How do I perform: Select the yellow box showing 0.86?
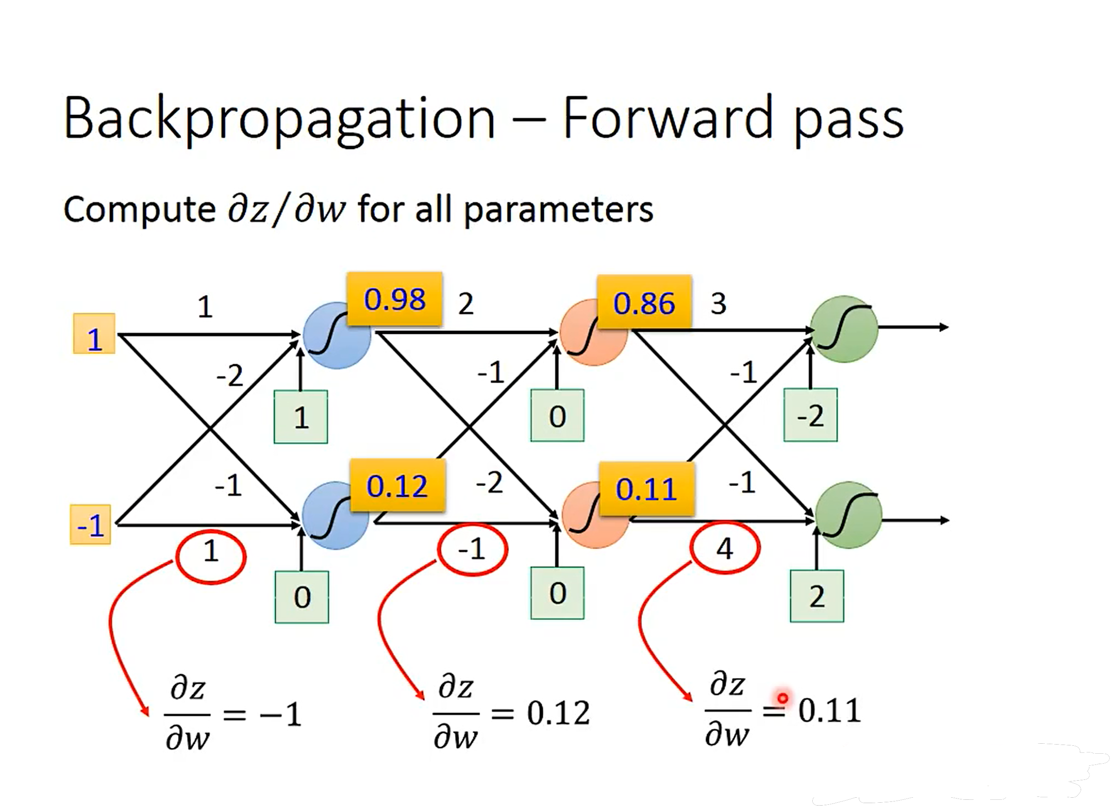point(644,302)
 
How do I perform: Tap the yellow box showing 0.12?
point(397,486)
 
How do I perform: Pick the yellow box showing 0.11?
point(646,489)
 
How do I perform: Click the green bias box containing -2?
point(810,415)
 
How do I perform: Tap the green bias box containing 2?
point(816,596)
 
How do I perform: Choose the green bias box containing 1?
point(301,417)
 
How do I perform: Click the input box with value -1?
point(91,525)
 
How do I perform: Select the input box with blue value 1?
point(94,334)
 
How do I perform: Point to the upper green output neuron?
point(843,328)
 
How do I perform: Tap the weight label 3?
point(718,304)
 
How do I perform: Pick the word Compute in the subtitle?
point(140,210)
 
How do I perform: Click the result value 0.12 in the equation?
point(558,713)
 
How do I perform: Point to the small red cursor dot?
point(783,698)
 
